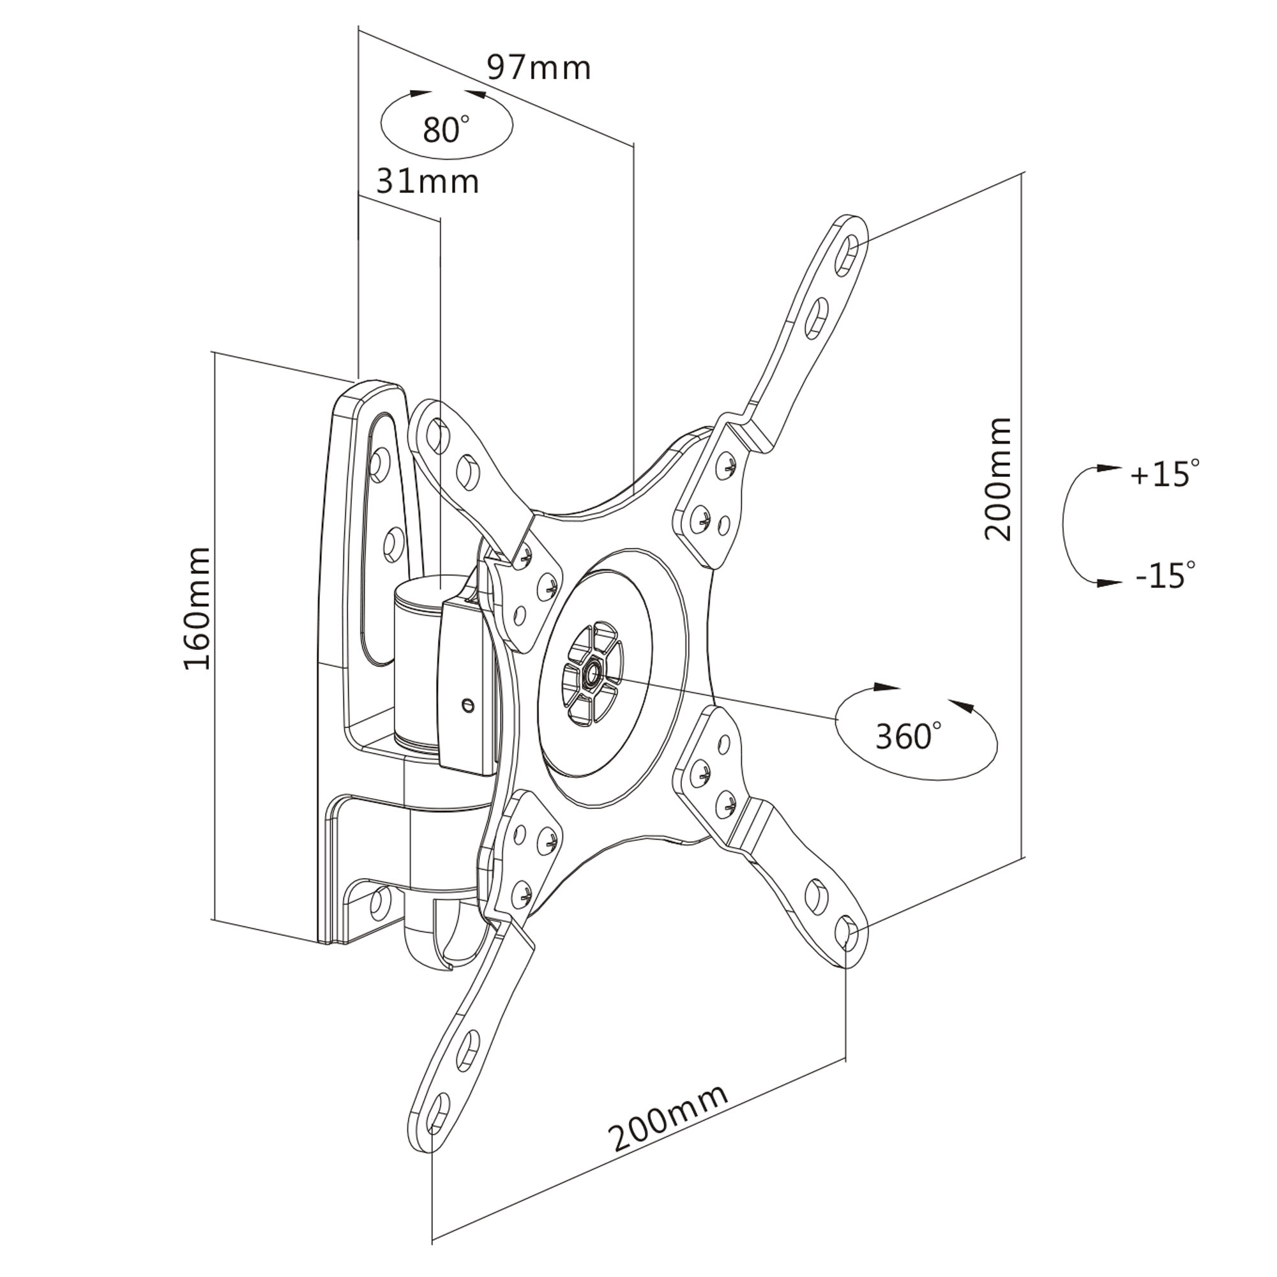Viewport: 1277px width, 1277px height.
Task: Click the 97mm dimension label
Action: pos(539,68)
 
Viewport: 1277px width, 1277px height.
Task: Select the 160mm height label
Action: pos(197,608)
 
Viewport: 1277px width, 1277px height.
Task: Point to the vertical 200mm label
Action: pos(997,480)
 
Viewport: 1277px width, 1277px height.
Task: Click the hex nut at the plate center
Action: pos(589,674)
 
